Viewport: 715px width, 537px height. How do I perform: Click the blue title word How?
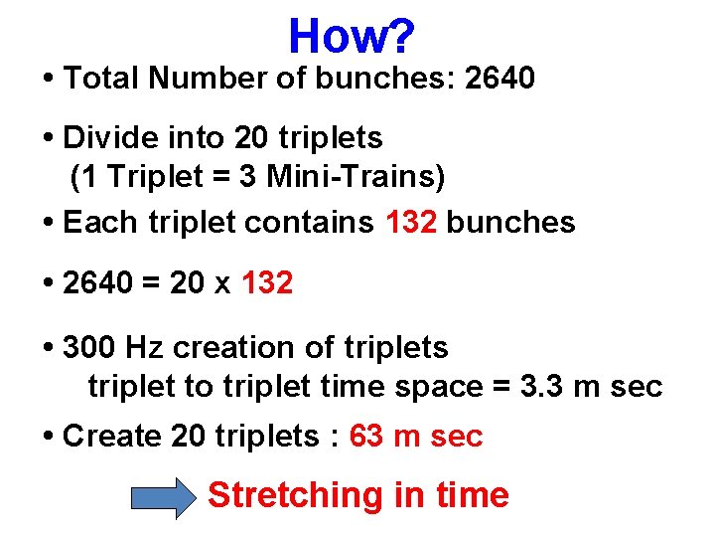coord(351,37)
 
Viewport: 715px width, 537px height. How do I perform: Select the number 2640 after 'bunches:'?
coord(500,79)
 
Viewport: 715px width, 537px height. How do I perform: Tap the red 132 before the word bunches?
coord(411,222)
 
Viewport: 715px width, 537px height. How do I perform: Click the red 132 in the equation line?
coord(267,283)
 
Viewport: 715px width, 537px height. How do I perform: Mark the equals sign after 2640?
coord(150,284)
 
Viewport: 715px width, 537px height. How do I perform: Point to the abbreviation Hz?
coord(144,348)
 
